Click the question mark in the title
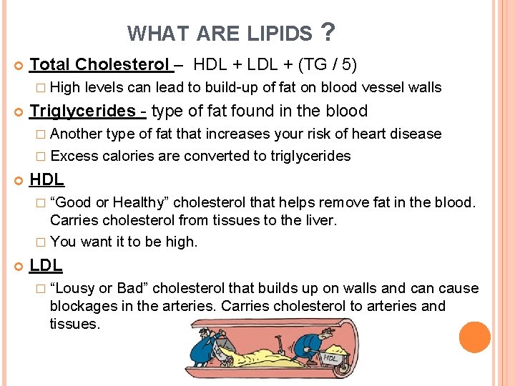[328, 31]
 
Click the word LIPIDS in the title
[281, 34]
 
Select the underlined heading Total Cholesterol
[101, 64]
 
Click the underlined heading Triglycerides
[82, 111]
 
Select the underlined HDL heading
[46, 180]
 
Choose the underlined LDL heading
[46, 265]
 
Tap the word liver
[317, 220]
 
